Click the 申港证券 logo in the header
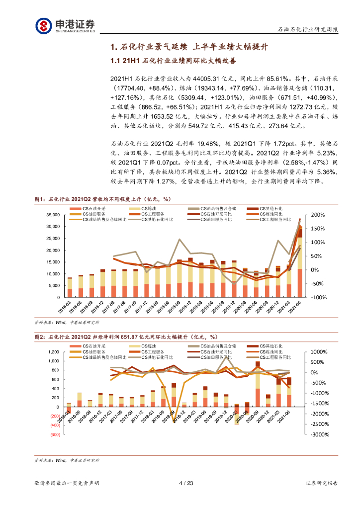pos(65,25)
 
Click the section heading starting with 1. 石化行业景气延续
pos(189,47)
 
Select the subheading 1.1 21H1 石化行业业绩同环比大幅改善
pos(173,61)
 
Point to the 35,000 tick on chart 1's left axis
pos(51,215)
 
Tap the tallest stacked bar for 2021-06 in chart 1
pos(300,258)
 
